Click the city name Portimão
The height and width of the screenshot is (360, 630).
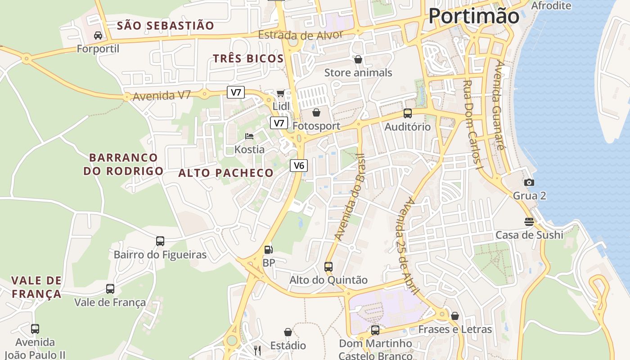click(x=473, y=16)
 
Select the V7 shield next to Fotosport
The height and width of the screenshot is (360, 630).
click(x=279, y=123)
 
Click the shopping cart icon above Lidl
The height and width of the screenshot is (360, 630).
click(x=281, y=93)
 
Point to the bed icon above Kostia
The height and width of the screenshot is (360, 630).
click(x=249, y=136)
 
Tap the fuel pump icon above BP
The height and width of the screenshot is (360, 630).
click(x=268, y=249)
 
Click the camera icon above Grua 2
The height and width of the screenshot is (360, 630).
click(x=529, y=182)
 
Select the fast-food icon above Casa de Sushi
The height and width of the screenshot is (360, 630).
click(x=529, y=221)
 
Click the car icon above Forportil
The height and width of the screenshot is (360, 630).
click(x=98, y=35)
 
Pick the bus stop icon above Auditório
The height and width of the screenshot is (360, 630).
click(x=407, y=113)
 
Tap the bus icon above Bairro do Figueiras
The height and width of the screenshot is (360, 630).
click(x=160, y=241)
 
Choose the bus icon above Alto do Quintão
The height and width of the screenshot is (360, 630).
click(x=328, y=266)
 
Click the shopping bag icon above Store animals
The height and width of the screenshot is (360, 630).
click(x=358, y=59)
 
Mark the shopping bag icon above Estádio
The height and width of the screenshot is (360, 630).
click(x=288, y=332)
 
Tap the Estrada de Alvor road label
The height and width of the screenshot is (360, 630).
click(x=300, y=35)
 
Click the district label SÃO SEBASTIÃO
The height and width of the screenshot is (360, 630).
click(x=166, y=26)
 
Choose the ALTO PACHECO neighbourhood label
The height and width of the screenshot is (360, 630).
click(x=226, y=173)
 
